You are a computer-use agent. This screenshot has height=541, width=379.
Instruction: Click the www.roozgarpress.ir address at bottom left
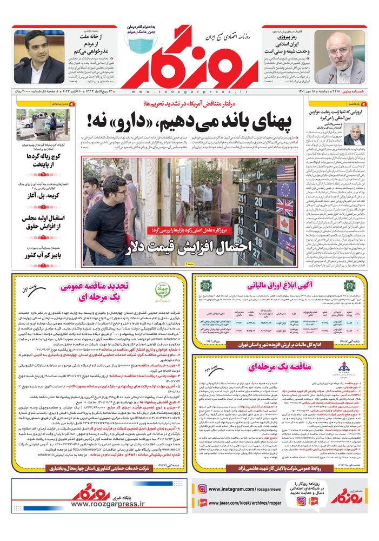pos(108,503)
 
